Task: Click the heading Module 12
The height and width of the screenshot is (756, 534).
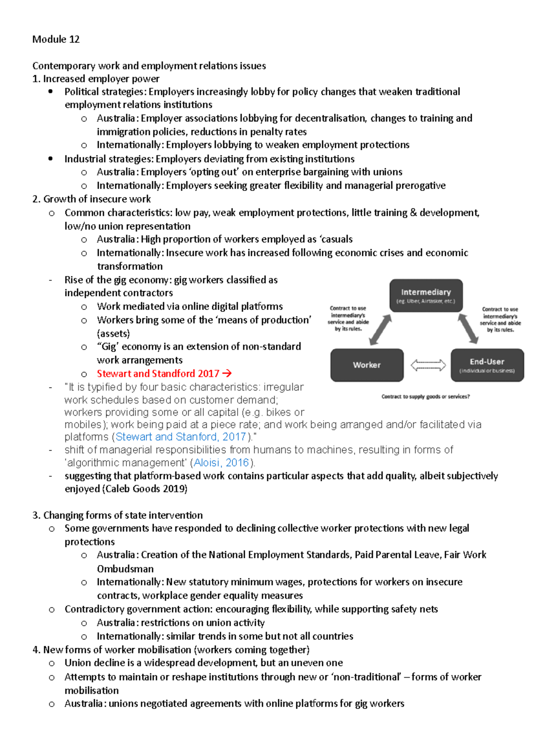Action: point(56,39)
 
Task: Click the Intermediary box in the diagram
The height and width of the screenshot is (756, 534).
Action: point(426,295)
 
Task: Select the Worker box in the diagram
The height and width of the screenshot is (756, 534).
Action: point(367,365)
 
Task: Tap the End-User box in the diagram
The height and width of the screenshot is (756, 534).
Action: point(487,365)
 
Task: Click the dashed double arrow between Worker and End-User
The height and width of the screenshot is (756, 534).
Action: point(428,365)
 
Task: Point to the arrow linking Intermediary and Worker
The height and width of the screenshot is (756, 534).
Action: point(380,330)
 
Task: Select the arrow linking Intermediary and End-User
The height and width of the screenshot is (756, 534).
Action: point(468,329)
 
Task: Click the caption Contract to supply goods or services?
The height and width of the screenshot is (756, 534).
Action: point(425,397)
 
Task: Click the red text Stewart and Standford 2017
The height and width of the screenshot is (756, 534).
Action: point(158,374)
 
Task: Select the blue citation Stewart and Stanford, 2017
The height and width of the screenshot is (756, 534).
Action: point(181,437)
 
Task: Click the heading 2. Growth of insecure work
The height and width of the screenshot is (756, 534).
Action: point(92,199)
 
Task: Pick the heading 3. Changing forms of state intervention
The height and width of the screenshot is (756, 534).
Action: point(117,515)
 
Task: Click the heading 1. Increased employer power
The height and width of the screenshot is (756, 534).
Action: point(96,79)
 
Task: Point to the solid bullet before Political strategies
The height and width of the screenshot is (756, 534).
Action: point(51,91)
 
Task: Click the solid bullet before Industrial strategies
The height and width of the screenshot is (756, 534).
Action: point(51,159)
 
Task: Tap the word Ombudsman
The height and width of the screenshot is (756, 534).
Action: point(125,569)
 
